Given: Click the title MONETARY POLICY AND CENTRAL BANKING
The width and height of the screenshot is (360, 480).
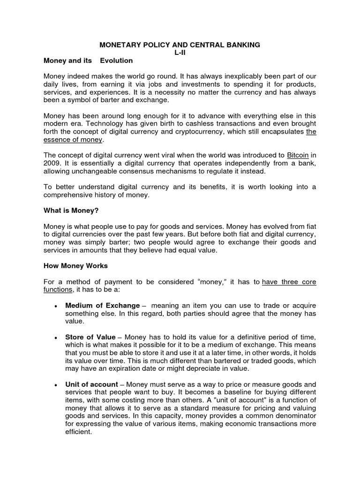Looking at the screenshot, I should (180, 45).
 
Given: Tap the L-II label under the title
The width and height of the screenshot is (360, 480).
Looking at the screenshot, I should (180, 52).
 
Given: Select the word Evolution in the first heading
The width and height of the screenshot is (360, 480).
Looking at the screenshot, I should (115, 60).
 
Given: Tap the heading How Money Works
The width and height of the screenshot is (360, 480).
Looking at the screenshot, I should (75, 266).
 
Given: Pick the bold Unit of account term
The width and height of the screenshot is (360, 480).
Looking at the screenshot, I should (91, 384).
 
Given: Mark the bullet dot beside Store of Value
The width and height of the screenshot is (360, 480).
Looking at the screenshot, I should (56, 338).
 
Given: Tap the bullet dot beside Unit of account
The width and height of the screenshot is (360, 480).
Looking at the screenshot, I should (56, 384).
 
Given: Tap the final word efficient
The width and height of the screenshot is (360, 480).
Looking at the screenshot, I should (79, 432).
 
